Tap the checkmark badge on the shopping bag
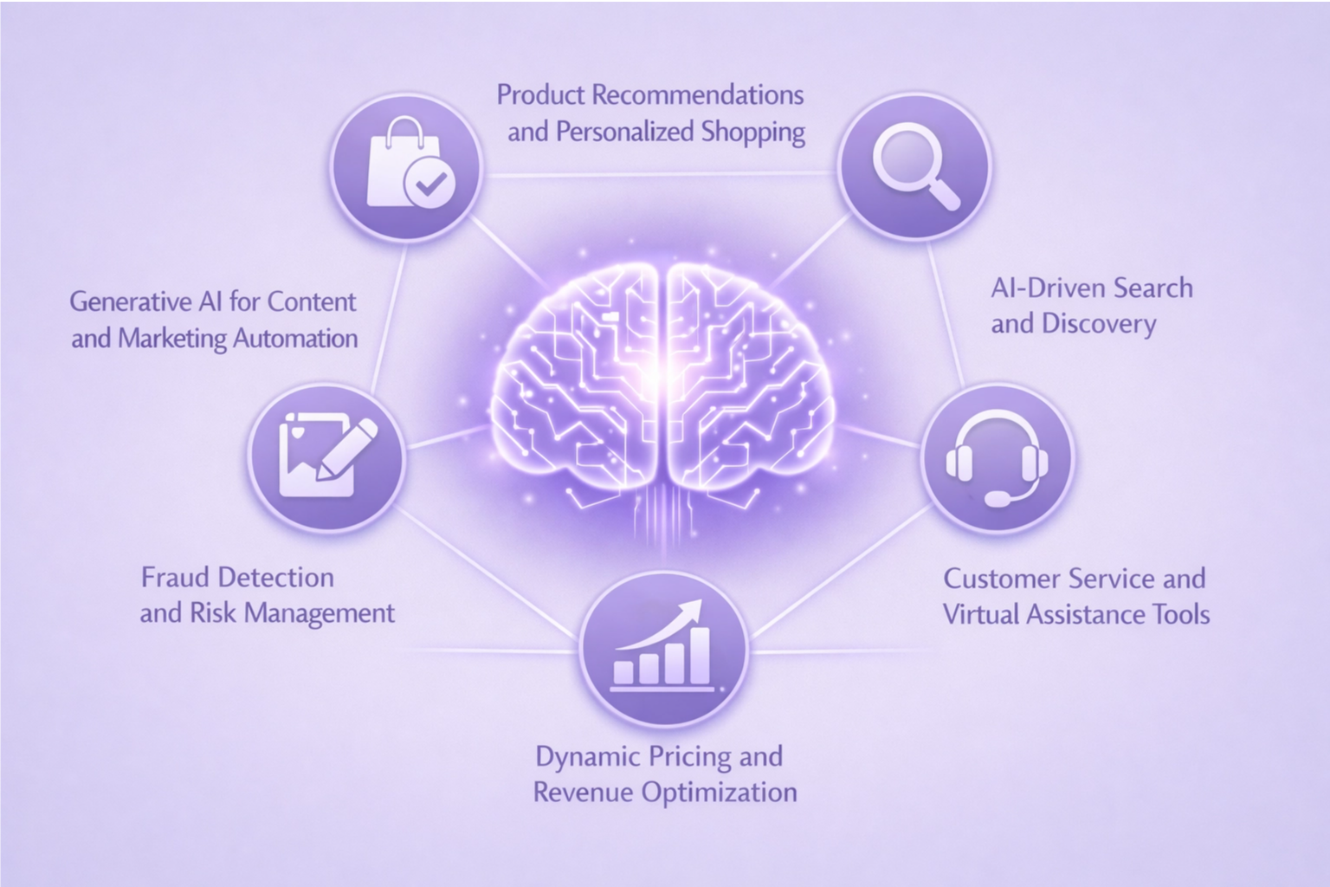pyautogui.click(x=430, y=184)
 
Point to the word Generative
pyautogui.click(x=129, y=301)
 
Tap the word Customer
pyautogui.click(x=1001, y=578)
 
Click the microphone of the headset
pyautogui.click(x=997, y=499)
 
